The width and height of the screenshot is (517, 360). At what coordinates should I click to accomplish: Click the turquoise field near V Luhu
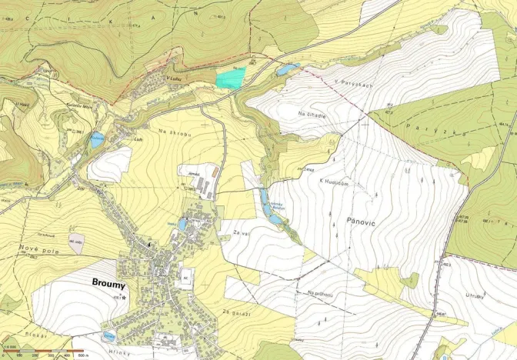point(230,77)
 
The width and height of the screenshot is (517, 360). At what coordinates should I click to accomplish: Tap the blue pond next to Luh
point(96,140)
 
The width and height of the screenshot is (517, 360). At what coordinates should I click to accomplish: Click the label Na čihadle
point(312,114)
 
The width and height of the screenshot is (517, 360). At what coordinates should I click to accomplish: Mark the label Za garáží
point(236,312)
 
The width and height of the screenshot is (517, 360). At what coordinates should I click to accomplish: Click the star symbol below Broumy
point(124,296)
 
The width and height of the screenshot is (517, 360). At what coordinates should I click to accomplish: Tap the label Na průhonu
point(322,293)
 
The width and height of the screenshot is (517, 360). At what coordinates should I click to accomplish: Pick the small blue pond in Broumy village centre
point(183,225)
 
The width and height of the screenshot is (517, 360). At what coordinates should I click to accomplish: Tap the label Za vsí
point(235,231)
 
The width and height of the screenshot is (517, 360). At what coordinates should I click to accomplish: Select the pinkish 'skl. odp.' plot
point(77,241)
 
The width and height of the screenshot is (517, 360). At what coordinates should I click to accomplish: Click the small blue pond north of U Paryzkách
point(289,70)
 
